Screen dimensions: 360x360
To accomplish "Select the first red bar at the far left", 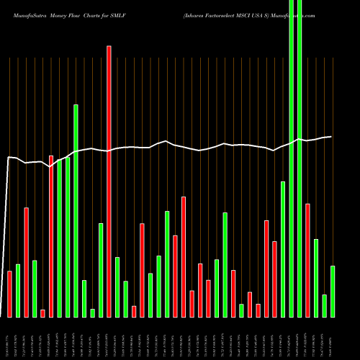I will (9, 294).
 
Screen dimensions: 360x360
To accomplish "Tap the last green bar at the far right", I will (333, 291).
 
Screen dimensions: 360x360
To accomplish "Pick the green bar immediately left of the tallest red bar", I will (101, 270).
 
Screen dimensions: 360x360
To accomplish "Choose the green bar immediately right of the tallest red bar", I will (117, 287).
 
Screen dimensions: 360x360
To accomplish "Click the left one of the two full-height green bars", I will (292, 158).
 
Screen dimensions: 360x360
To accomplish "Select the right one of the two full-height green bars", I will (300, 158).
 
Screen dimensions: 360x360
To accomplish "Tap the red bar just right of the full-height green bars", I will (307, 260).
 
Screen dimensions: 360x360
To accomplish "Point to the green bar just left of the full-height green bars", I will (283, 249).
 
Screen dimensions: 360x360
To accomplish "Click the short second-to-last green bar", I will (324, 305).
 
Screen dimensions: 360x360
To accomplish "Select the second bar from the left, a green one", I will (18, 290).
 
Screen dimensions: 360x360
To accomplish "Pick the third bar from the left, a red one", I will (26, 262).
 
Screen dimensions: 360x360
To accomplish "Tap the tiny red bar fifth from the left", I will (42, 313).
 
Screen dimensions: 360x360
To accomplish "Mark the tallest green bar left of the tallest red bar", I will (76, 210).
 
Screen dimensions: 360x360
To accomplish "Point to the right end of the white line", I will (331, 136).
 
